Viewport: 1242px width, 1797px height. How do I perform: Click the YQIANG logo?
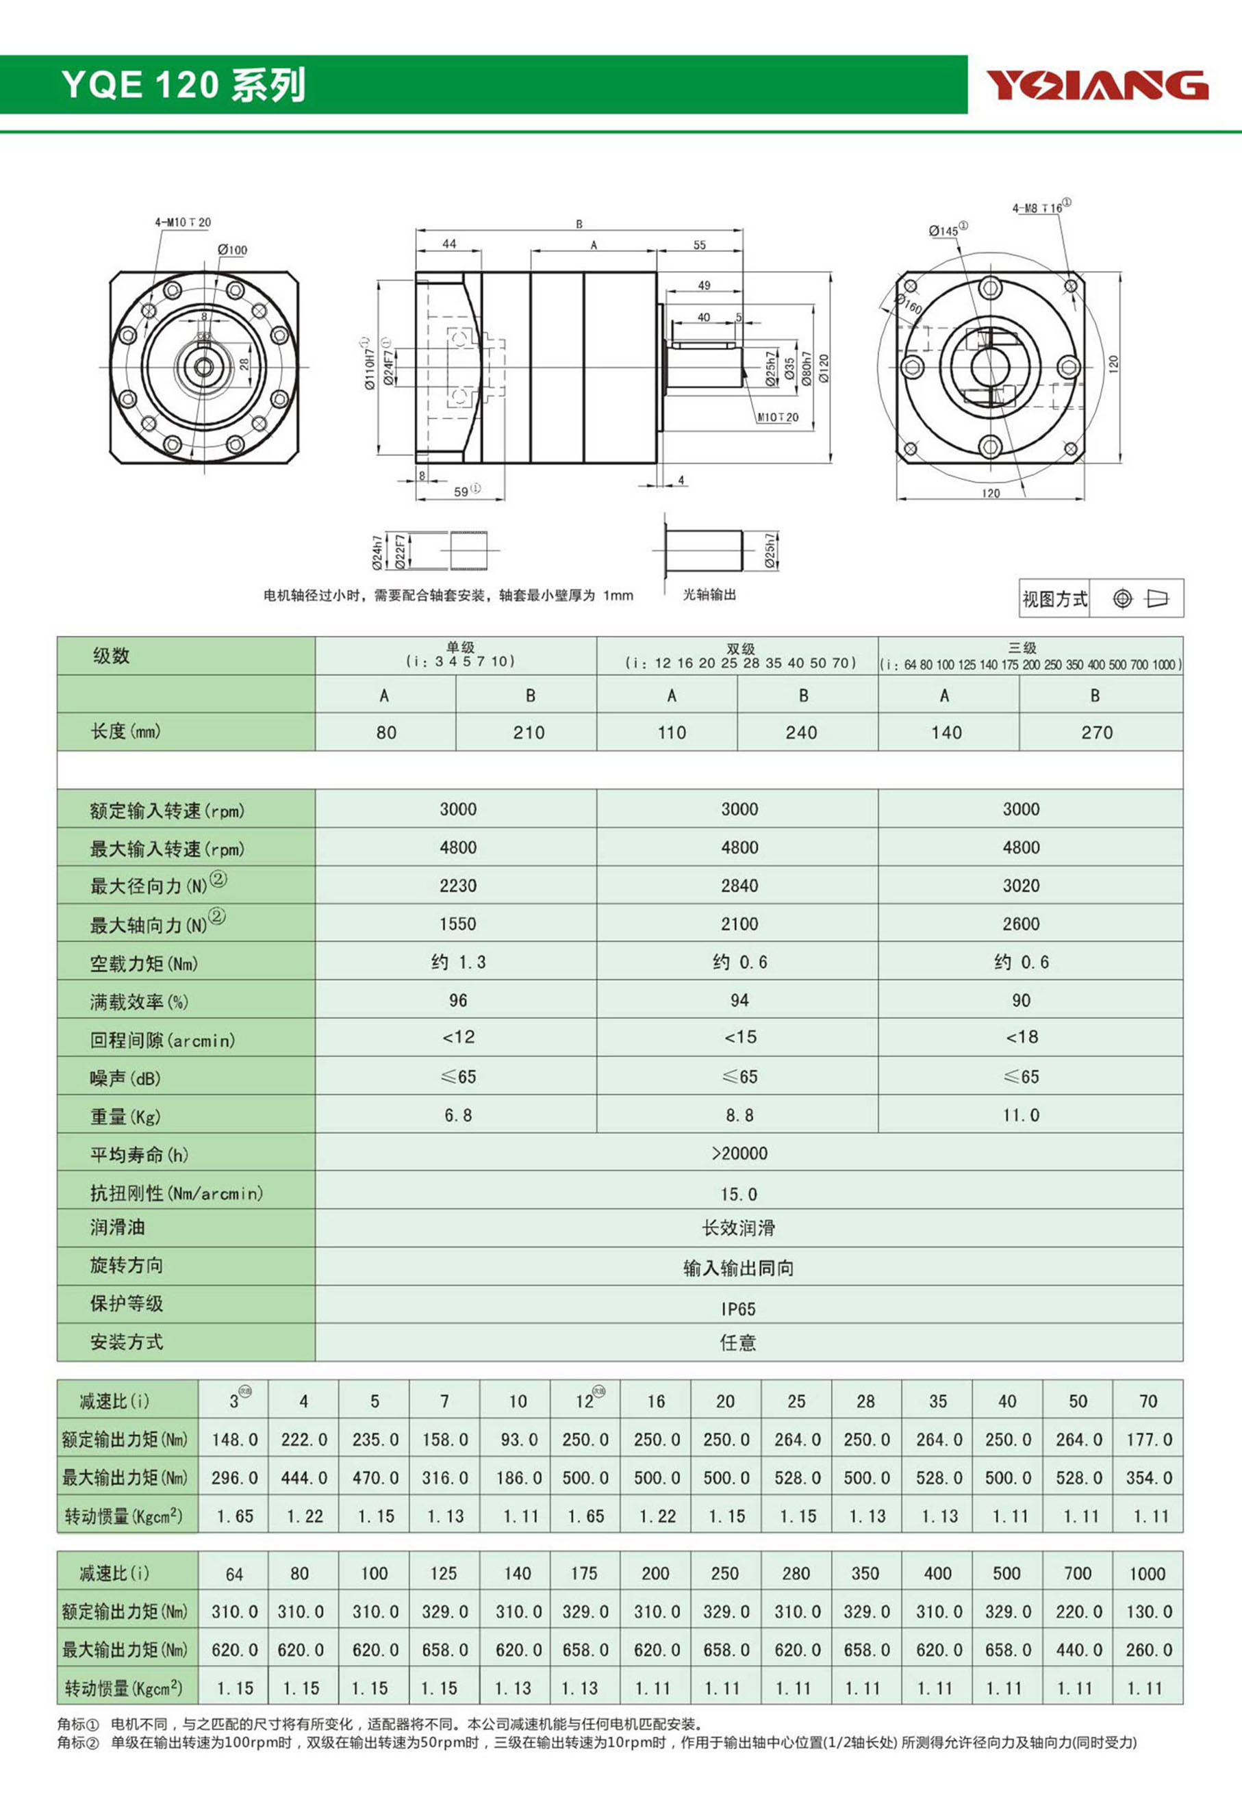tap(1098, 85)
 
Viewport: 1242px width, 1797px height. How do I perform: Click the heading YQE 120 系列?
tap(183, 84)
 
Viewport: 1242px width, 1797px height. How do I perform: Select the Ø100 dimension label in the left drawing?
tap(232, 250)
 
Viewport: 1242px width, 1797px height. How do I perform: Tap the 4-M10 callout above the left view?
tap(182, 222)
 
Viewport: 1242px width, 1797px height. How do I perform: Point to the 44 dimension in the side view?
tap(449, 244)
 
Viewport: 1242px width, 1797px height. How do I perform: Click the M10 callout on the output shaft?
tap(777, 418)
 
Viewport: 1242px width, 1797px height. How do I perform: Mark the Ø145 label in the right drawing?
tap(946, 230)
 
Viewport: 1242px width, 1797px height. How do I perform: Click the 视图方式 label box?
tap(1054, 599)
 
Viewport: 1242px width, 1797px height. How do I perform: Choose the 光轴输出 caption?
tap(709, 594)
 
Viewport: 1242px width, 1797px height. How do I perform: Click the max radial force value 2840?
tap(739, 885)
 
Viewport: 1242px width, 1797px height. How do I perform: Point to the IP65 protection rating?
tap(737, 1309)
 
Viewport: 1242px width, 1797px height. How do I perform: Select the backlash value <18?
tap(1020, 1037)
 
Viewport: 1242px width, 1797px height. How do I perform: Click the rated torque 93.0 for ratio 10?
tap(518, 1440)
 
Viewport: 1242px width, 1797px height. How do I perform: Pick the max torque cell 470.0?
tap(375, 1478)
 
